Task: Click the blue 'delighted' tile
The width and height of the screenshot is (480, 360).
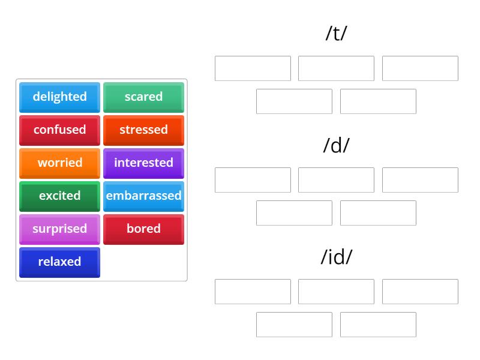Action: pos(59,97)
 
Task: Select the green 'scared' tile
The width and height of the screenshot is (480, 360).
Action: pos(143,97)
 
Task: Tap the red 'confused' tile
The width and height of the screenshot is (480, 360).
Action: pos(59,130)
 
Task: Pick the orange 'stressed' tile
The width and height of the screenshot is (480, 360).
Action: pos(143,130)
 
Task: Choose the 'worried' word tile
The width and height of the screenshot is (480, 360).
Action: pos(59,163)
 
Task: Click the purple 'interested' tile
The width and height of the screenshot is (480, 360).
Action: pos(143,163)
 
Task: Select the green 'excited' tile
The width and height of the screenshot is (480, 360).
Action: pos(59,196)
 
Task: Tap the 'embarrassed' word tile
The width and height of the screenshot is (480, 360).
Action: pos(143,196)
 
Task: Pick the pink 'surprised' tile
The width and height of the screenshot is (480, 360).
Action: pos(59,229)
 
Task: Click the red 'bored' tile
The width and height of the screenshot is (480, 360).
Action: pos(143,229)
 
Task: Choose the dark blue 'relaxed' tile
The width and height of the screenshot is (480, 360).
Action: pos(59,262)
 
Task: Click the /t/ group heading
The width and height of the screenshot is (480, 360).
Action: pos(336,34)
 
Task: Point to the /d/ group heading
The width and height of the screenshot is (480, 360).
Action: pos(336,145)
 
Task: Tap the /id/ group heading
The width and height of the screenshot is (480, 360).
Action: pos(336,257)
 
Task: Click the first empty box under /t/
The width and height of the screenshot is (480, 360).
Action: pos(253,68)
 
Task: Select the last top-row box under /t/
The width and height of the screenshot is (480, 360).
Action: pos(420,68)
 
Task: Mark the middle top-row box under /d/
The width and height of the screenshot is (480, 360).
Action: pos(336,180)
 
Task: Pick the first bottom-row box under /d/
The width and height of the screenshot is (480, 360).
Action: pos(294,213)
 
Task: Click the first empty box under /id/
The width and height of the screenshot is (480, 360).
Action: pos(253,292)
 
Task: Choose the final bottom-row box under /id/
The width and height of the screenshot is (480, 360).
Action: pos(378,325)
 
